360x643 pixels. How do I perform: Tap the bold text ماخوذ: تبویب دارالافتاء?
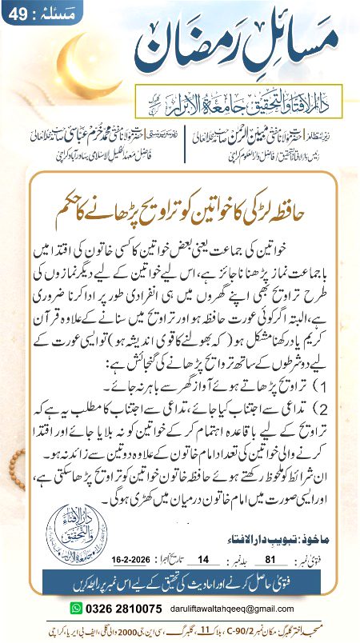click(273, 528)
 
